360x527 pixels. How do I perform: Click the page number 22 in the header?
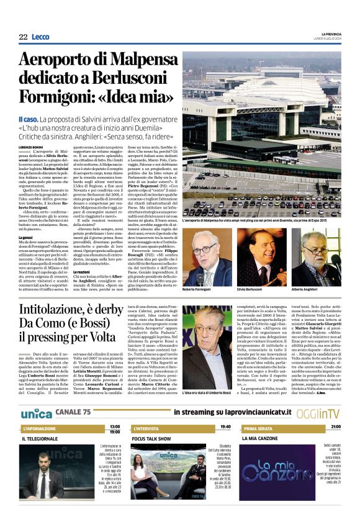(x=23, y=37)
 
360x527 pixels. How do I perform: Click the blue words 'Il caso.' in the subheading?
(x=46, y=119)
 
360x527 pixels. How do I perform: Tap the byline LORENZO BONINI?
(x=32, y=146)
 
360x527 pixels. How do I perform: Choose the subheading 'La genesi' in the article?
(x=26, y=238)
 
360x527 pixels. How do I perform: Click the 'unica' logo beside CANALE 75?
(x=36, y=395)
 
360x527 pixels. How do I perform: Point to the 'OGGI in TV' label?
(x=326, y=396)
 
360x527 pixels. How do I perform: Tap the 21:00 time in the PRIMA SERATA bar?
(x=335, y=410)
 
